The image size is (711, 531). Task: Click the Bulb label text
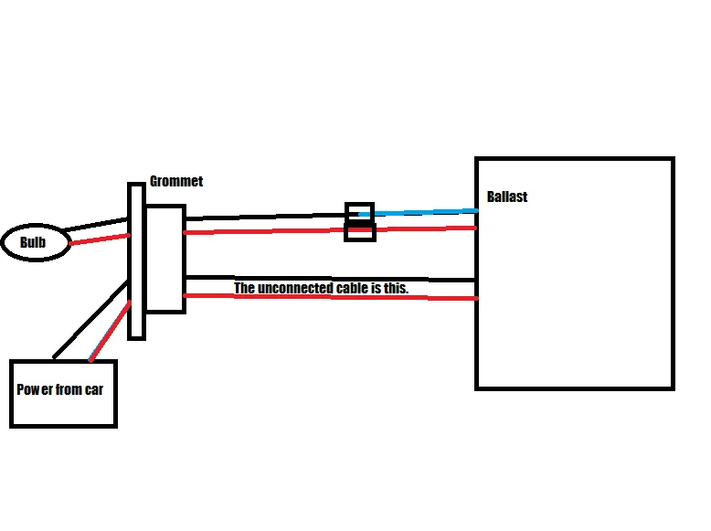coord(33,242)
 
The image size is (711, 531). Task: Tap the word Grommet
coord(176,181)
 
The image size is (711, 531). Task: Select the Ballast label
coord(507,196)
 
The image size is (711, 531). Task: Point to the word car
coord(94,389)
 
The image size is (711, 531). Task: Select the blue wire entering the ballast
coord(418,212)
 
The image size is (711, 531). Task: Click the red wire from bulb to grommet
coord(100,239)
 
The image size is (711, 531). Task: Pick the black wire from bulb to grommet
coord(96,225)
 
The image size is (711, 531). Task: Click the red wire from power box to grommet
coord(111,331)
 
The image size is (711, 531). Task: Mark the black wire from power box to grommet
coord(90,319)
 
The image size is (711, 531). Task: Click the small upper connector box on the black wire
coord(359,211)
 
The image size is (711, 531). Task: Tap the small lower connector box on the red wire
coord(360,231)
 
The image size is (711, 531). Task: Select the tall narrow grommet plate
coord(136,261)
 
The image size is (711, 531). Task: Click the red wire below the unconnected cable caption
coord(331,297)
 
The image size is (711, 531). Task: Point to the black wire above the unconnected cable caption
coord(331,279)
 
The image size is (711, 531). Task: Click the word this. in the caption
coord(397,288)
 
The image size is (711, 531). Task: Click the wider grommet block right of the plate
coord(166,259)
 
